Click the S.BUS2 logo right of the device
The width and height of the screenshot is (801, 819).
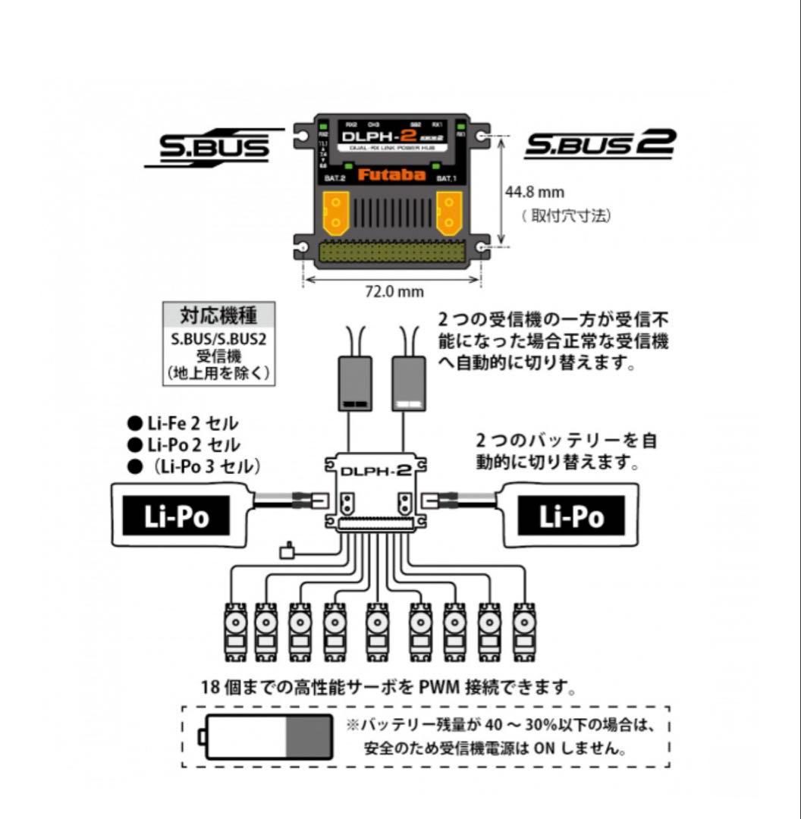pyautogui.click(x=599, y=143)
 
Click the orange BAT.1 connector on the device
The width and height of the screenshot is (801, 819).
pyautogui.click(x=449, y=212)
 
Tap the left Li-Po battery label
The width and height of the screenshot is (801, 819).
pyautogui.click(x=177, y=516)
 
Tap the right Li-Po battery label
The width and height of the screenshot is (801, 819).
pyautogui.click(x=571, y=516)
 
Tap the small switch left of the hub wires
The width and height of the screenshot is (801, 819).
pyautogui.click(x=287, y=551)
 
